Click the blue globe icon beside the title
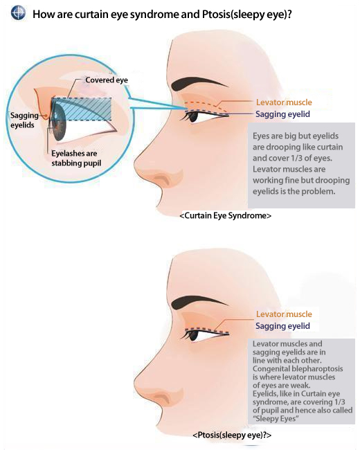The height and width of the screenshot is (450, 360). (x=18, y=13)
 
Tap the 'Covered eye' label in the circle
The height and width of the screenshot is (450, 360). (x=107, y=80)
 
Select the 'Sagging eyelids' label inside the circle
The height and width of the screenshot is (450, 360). (x=24, y=120)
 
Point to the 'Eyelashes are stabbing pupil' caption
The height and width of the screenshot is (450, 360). (x=76, y=158)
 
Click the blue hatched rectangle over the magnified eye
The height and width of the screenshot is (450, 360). (x=82, y=109)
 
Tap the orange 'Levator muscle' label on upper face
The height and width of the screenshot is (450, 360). (x=284, y=102)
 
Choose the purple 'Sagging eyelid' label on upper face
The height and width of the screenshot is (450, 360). (x=282, y=114)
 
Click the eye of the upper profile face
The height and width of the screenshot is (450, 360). (x=193, y=117)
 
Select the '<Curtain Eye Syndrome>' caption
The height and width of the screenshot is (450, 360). (x=226, y=215)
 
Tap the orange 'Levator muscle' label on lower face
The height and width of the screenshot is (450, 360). (x=284, y=314)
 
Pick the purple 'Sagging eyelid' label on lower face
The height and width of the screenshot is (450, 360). (x=282, y=326)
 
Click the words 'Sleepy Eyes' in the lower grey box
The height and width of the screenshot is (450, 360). (x=276, y=418)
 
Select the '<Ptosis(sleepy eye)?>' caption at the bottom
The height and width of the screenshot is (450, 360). (x=232, y=435)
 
